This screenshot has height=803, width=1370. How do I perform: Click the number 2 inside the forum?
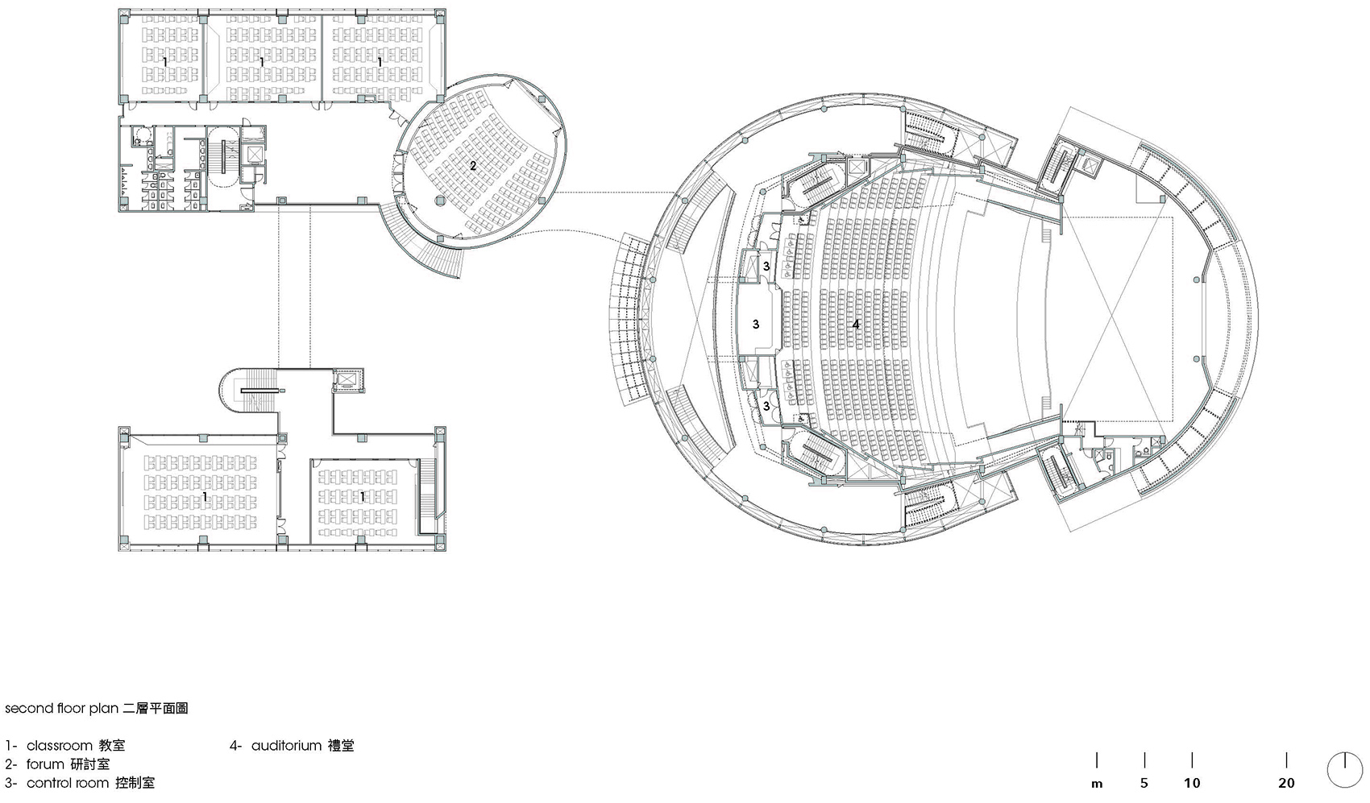(473, 166)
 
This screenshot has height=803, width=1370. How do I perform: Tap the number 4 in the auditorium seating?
(856, 325)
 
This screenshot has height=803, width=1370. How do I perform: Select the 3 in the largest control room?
(755, 324)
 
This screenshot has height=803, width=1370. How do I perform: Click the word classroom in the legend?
(60, 746)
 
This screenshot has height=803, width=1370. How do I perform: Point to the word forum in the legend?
(45, 764)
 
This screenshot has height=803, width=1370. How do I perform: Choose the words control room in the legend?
(67, 783)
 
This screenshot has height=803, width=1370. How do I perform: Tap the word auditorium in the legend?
(286, 746)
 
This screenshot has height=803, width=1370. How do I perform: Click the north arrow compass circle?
(1345, 770)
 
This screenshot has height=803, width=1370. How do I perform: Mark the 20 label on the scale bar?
(1286, 783)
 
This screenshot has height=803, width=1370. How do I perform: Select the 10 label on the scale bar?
(1192, 783)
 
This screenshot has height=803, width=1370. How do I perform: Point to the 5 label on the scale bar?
(1144, 783)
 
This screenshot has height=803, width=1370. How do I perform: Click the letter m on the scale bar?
(1097, 784)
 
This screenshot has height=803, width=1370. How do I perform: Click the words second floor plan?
(62, 708)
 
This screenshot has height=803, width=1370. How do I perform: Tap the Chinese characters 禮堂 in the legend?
(341, 746)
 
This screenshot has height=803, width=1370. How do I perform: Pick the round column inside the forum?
(439, 200)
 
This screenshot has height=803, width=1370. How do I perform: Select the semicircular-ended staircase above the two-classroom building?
(251, 391)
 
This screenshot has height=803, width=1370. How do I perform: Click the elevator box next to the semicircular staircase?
(347, 380)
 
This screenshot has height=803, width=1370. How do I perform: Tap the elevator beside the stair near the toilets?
(254, 154)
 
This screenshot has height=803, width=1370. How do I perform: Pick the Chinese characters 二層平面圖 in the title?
(156, 708)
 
